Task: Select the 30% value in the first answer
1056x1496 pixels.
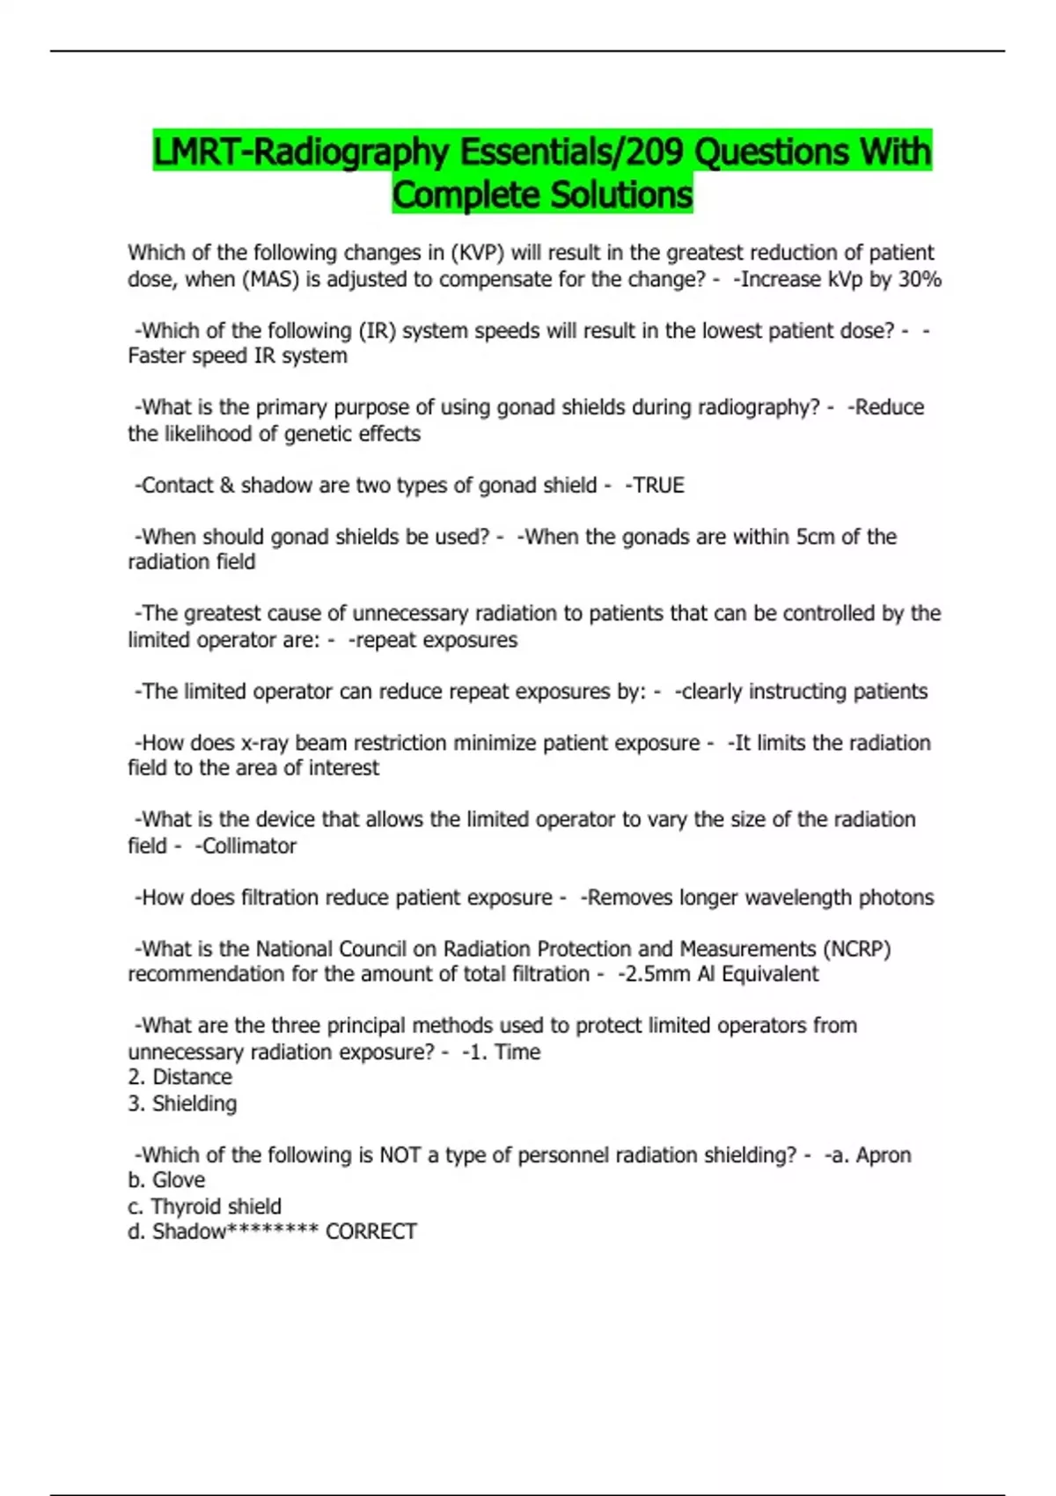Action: (x=920, y=280)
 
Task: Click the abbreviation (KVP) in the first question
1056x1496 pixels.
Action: (x=477, y=253)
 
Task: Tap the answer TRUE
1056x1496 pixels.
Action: (x=657, y=486)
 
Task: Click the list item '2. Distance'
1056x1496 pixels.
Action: (x=180, y=1077)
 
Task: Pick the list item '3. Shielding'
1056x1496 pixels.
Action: (x=182, y=1104)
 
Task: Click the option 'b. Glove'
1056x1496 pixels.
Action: (x=166, y=1180)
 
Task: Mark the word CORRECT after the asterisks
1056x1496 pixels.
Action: (x=370, y=1232)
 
